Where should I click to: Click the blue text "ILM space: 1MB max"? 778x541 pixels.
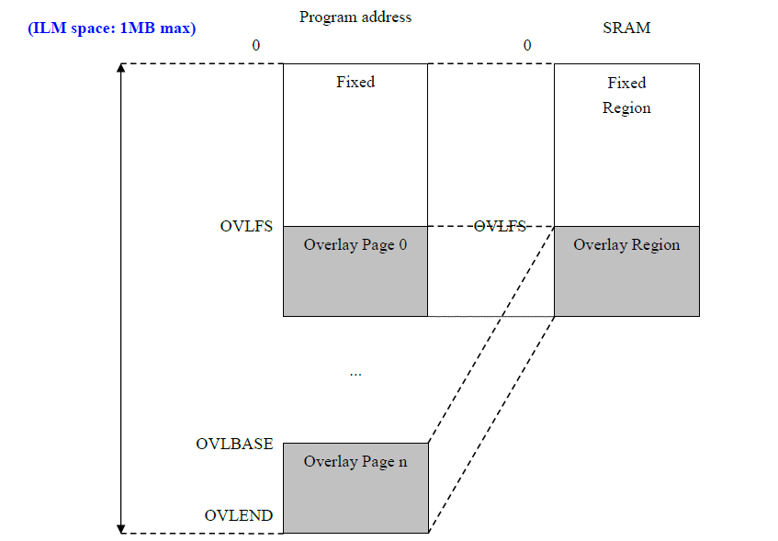click(x=112, y=28)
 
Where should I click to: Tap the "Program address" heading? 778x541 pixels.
click(x=355, y=17)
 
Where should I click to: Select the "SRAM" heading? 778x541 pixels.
click(x=626, y=28)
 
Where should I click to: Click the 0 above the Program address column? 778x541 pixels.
click(x=256, y=45)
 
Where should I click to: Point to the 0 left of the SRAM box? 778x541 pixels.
click(x=527, y=45)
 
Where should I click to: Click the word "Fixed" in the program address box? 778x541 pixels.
click(x=355, y=82)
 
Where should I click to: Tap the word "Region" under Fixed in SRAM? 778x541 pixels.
click(x=626, y=107)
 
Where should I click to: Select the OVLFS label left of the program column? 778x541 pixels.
click(x=246, y=226)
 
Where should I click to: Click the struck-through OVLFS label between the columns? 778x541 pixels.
click(x=500, y=226)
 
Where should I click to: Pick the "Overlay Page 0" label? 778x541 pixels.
click(x=355, y=244)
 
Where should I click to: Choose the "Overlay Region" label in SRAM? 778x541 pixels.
click(x=626, y=244)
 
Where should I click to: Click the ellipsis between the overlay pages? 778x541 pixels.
click(x=355, y=375)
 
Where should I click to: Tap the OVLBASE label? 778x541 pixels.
click(x=235, y=444)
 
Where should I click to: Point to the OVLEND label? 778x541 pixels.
click(x=239, y=515)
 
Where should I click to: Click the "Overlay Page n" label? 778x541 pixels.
click(x=355, y=462)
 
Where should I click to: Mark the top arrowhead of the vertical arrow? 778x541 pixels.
click(x=121, y=67)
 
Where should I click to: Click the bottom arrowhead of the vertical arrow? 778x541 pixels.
click(x=121, y=529)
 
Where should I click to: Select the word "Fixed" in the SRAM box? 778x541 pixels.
click(x=626, y=83)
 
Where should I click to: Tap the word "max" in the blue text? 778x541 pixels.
click(x=175, y=28)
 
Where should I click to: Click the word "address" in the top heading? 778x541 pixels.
click(x=387, y=17)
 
